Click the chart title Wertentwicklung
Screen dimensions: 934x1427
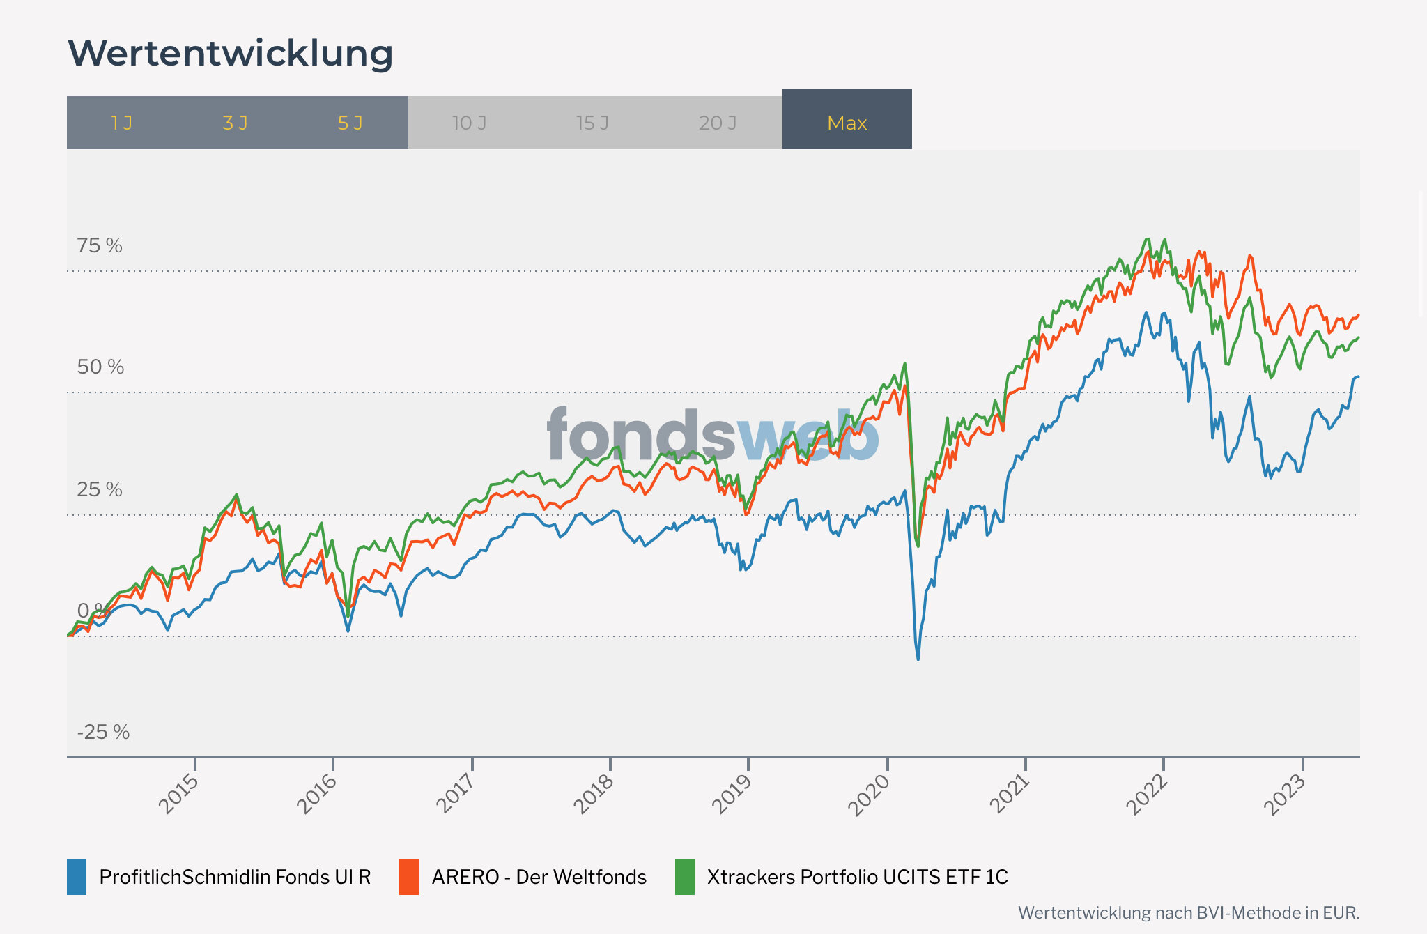tap(230, 54)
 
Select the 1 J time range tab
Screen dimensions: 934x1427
tap(122, 123)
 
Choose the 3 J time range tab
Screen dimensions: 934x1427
tap(235, 123)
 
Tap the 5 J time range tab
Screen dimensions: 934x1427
tap(350, 123)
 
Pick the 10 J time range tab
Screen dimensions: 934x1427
tap(469, 123)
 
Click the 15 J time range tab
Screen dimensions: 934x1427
tap(592, 123)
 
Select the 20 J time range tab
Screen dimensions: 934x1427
tap(717, 123)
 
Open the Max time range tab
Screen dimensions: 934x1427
tap(847, 123)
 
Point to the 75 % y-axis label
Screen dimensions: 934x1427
tap(100, 245)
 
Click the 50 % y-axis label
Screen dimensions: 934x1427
tap(100, 367)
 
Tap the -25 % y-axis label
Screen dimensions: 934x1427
tap(103, 732)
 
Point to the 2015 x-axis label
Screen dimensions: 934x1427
tap(179, 793)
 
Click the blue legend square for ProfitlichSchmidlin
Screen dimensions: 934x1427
tap(77, 877)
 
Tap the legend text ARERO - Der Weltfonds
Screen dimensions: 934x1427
tap(539, 877)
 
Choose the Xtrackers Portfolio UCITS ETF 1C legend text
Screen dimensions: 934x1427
tap(857, 877)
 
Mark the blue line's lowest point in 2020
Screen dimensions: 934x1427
tap(918, 659)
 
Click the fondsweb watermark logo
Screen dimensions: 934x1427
tap(712, 435)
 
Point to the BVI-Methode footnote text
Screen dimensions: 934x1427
tap(1188, 912)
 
